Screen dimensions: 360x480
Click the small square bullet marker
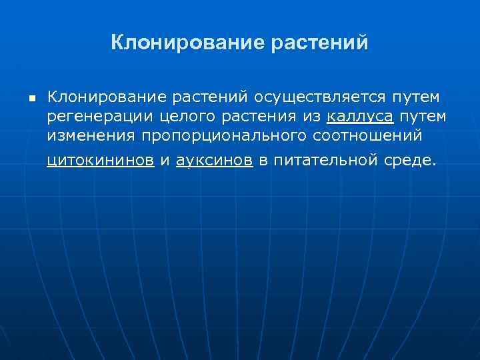(x=31, y=99)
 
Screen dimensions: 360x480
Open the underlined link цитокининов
(x=101, y=160)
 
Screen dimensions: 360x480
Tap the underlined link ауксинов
(x=214, y=160)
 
